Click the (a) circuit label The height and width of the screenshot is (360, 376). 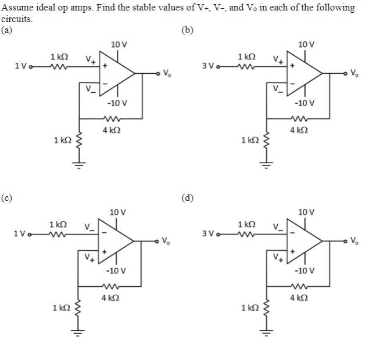6,30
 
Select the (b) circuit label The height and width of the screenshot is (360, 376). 187,30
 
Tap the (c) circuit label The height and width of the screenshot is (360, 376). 6,198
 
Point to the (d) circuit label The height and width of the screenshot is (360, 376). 187,198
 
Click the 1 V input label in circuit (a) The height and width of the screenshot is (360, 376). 20,65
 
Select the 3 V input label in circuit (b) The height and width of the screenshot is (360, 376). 209,65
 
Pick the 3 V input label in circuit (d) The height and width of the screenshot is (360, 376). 209,233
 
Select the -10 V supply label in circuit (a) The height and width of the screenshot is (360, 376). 117,103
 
